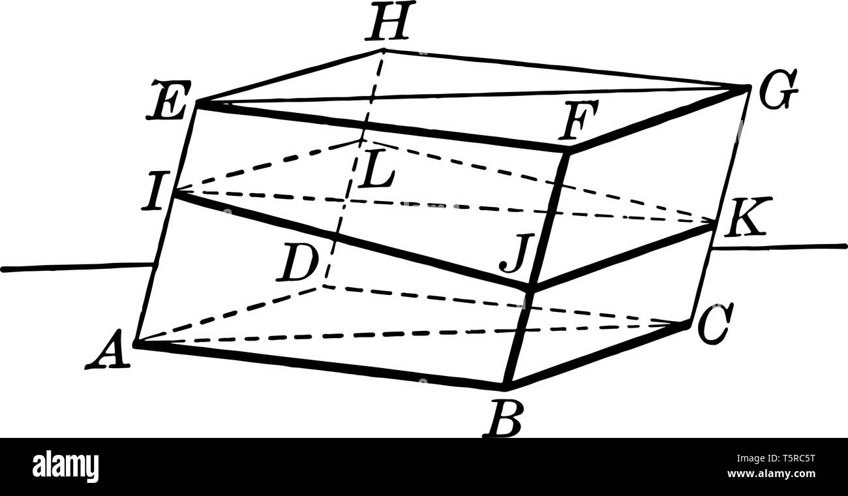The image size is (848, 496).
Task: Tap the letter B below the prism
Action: [503, 418]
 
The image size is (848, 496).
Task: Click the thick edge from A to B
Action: [320, 364]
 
